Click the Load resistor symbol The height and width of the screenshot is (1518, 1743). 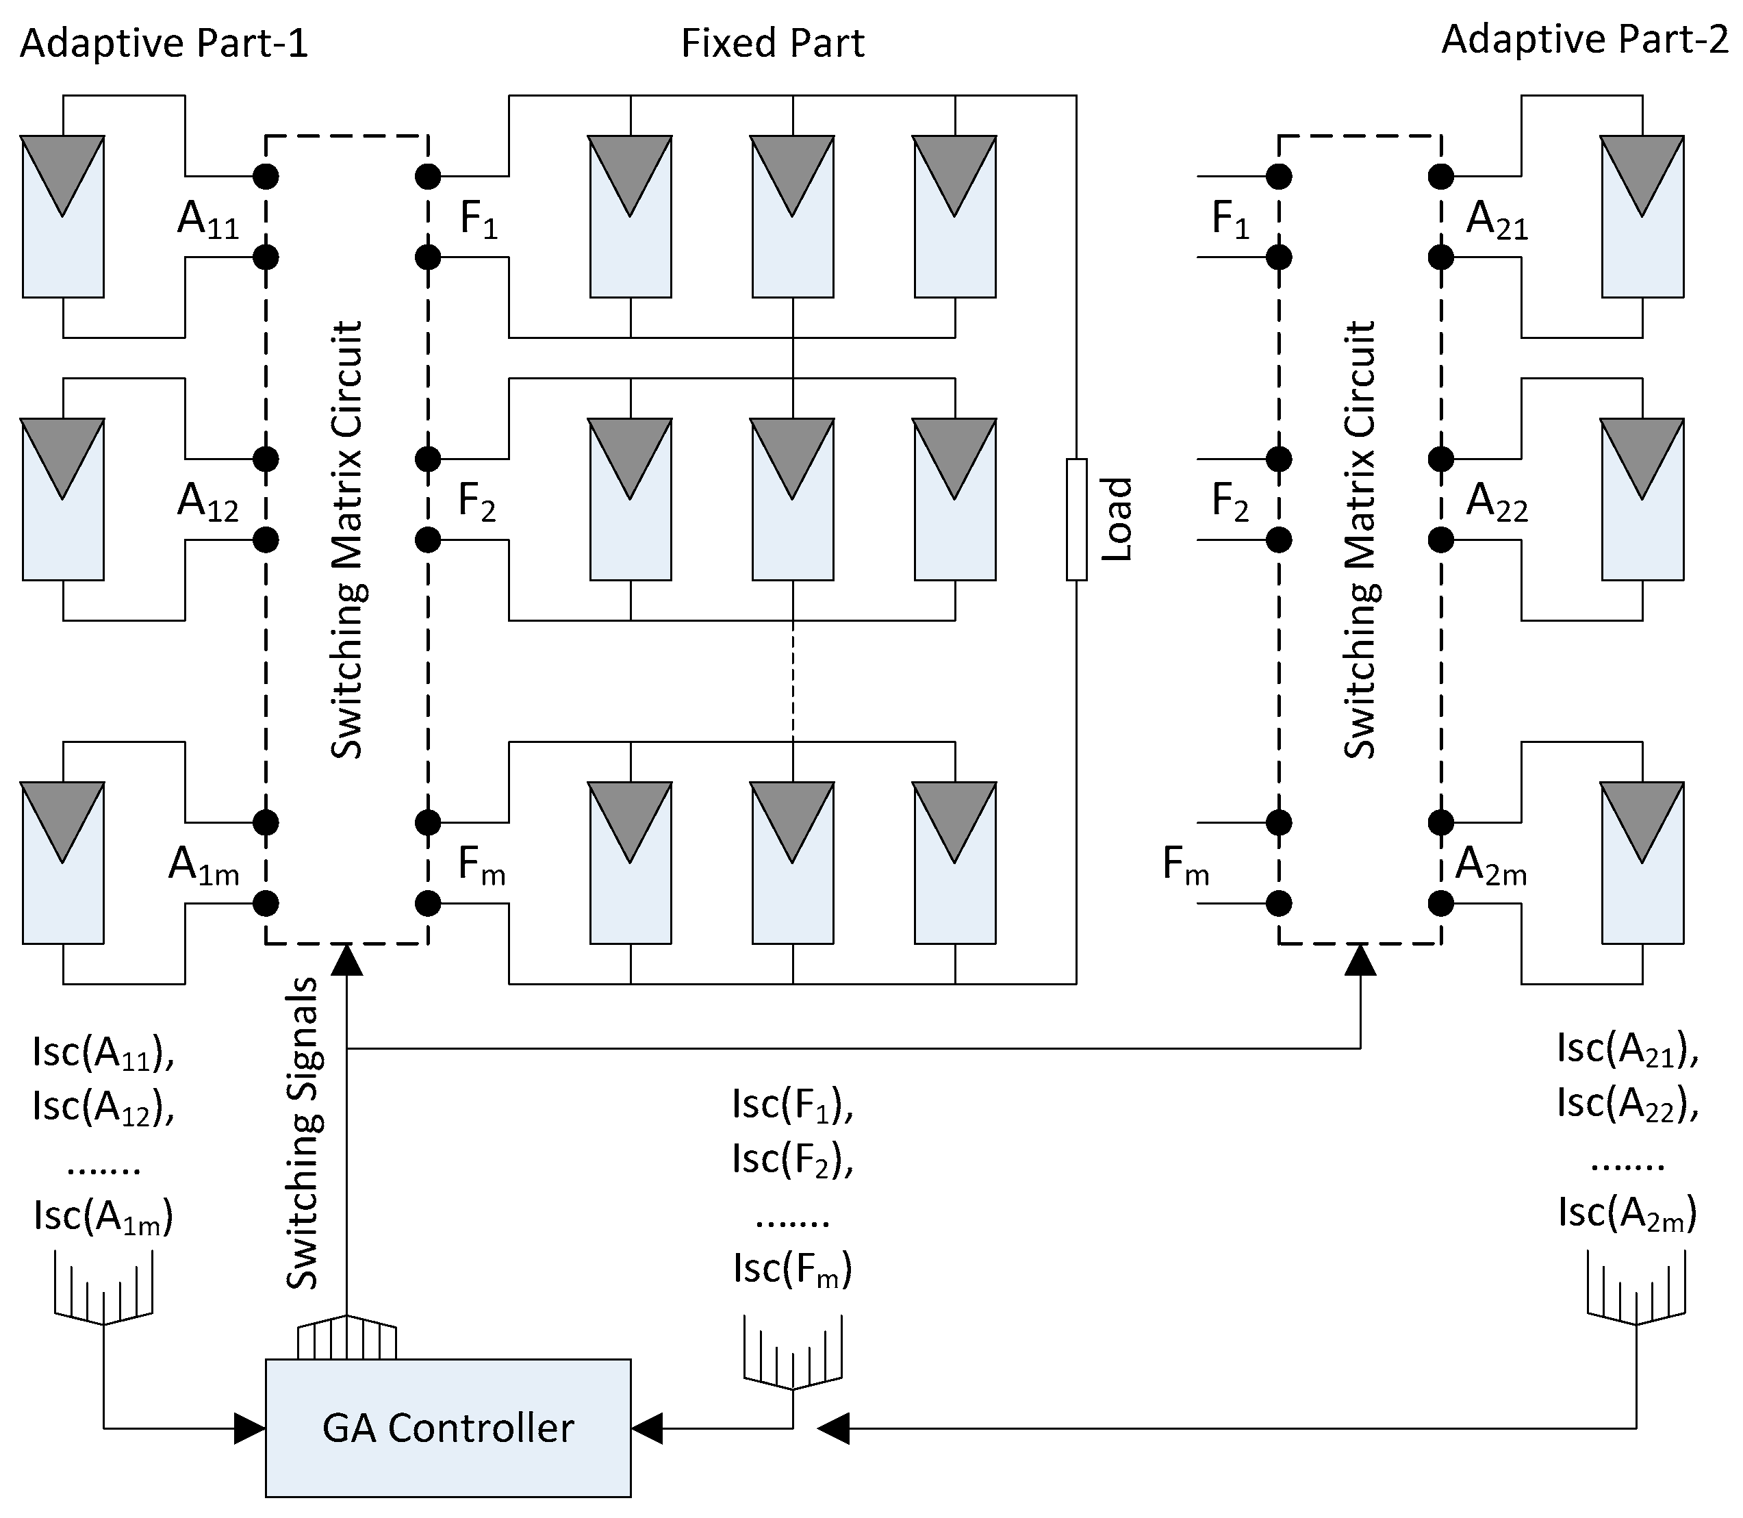pyautogui.click(x=1076, y=519)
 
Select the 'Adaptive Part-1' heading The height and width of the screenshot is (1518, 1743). pyautogui.click(x=164, y=43)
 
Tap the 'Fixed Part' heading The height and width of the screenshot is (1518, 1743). pyautogui.click(x=772, y=43)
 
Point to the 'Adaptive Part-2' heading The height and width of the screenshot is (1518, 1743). pyautogui.click(x=1583, y=40)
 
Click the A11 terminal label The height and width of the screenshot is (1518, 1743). pyautogui.click(x=207, y=220)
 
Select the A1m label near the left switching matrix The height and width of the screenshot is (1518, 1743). pyautogui.click(x=203, y=867)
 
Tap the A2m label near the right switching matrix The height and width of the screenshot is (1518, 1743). pyautogui.click(x=1490, y=867)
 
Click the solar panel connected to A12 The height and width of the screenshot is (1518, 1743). pyautogui.click(x=63, y=500)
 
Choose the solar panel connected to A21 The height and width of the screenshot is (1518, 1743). pyautogui.click(x=1642, y=217)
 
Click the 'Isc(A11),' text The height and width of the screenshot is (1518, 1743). pyautogui.click(x=103, y=1053)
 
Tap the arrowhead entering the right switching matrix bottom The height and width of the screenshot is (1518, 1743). pyautogui.click(x=1360, y=960)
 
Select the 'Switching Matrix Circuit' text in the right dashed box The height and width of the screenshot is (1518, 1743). pyautogui.click(x=1360, y=540)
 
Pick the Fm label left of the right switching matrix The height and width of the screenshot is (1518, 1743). pyautogui.click(x=1186, y=867)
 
